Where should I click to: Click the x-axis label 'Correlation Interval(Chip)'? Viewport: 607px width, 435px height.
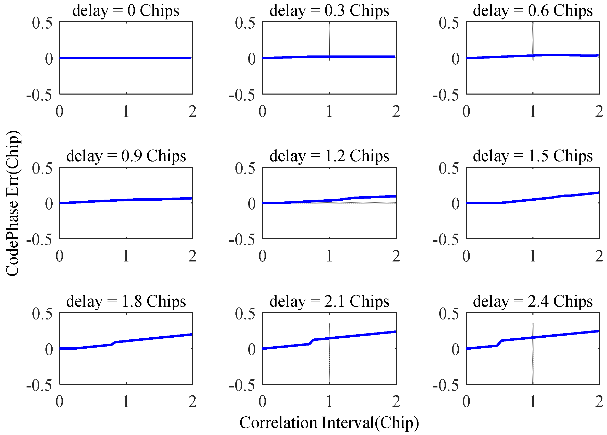(x=329, y=423)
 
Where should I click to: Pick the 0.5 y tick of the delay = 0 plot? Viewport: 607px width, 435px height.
(x=42, y=23)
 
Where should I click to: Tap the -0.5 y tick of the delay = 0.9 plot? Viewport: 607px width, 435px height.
(x=39, y=239)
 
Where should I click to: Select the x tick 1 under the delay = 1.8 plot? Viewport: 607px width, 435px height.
(x=126, y=402)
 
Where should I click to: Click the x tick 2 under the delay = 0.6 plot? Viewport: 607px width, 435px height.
(x=599, y=111)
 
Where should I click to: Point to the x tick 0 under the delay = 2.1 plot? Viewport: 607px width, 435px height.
(x=262, y=402)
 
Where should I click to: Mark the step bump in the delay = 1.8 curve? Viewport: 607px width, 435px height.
(x=113, y=344)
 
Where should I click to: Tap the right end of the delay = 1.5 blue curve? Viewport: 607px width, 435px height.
(x=598, y=193)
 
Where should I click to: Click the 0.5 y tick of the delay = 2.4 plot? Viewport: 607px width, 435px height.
(x=449, y=314)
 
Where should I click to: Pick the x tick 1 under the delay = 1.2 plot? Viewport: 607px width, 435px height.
(x=329, y=256)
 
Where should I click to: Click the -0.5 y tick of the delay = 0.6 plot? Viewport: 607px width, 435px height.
(x=446, y=95)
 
